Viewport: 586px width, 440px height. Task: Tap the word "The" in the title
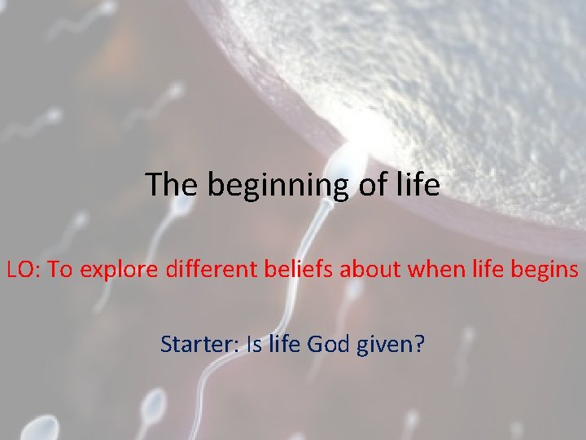point(173,185)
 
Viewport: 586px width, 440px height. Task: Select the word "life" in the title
point(420,185)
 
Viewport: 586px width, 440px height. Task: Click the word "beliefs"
point(299,270)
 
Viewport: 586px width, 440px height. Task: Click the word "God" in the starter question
point(330,345)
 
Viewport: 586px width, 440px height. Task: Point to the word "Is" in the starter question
point(254,345)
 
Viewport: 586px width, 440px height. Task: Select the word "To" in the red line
point(59,270)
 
